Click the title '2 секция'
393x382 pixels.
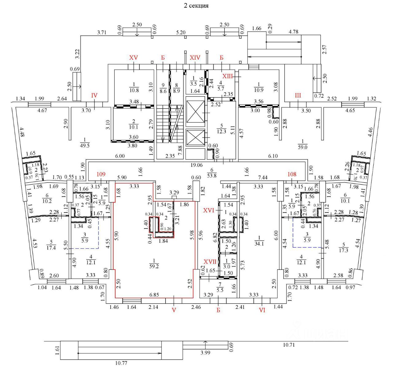pos(196,6)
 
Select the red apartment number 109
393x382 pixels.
pos(101,174)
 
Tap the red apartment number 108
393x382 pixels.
pos(292,174)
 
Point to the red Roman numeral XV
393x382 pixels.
pos(134,58)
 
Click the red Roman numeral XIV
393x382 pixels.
pos(195,58)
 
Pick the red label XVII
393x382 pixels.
pos(210,262)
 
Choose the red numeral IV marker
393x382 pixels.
pos(94,95)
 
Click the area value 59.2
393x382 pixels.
pos(154,266)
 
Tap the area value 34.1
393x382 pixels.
pos(259,244)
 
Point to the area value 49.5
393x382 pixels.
pos(84,146)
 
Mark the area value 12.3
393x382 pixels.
pos(221,132)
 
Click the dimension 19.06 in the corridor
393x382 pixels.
pos(196,165)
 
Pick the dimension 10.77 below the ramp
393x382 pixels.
pos(121,363)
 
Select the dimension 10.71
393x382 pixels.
pos(289,345)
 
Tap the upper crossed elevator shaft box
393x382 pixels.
pos(196,112)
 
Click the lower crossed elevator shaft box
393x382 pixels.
pos(196,138)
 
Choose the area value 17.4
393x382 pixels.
pos(51,248)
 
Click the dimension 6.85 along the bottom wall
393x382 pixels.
pos(154,295)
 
